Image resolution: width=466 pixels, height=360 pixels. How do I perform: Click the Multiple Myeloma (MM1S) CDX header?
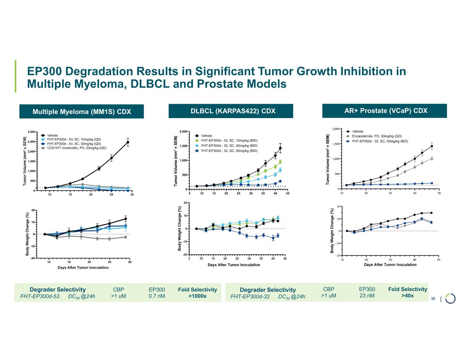click(x=82, y=112)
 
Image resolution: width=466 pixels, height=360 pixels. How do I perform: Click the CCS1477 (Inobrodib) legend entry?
click(x=76, y=148)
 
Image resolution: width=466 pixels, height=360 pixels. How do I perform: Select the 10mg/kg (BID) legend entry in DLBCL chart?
click(x=229, y=141)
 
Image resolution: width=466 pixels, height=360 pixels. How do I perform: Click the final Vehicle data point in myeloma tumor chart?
click(x=128, y=142)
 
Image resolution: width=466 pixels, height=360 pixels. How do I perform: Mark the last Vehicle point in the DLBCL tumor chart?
click(x=280, y=148)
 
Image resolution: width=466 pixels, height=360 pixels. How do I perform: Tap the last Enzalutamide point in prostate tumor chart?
click(x=432, y=159)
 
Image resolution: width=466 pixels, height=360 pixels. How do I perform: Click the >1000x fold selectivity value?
click(x=197, y=296)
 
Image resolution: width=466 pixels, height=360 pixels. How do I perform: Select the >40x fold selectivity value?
click(x=408, y=296)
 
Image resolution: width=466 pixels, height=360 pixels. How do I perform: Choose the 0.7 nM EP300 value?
click(x=157, y=296)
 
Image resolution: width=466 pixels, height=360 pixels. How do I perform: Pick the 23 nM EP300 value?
click(x=367, y=296)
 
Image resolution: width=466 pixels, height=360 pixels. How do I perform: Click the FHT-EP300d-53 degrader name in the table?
click(x=40, y=297)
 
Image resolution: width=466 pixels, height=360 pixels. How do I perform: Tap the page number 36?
click(x=433, y=299)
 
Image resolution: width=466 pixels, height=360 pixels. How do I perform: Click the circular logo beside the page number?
click(x=450, y=298)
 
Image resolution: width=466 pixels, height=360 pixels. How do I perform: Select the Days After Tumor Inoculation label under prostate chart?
click(x=390, y=265)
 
